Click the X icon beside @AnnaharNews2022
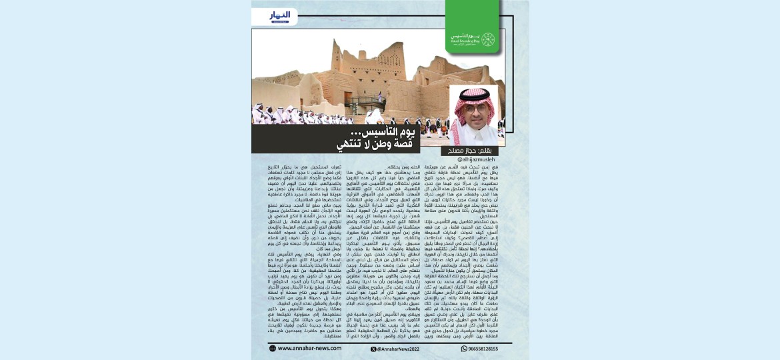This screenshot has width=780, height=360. click(x=374, y=348)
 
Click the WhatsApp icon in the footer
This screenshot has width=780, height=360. click(x=464, y=348)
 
